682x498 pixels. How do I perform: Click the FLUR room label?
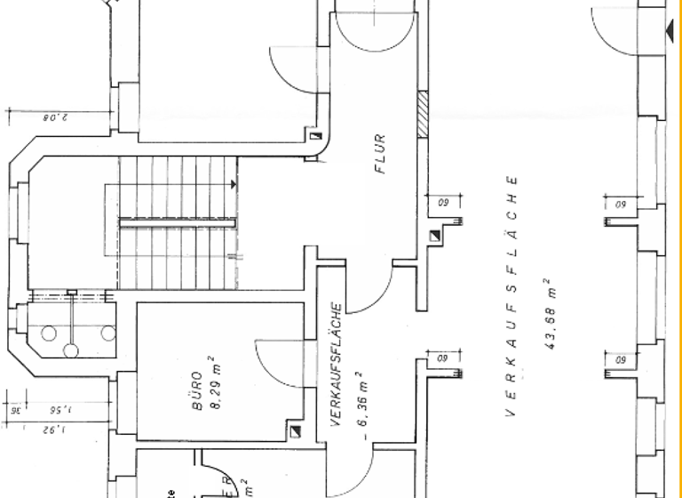click(x=380, y=152)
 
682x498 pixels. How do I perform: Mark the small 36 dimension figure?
click(x=15, y=411)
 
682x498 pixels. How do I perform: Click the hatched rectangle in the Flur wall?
click(x=424, y=115)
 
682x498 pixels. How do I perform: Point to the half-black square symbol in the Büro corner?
click(x=295, y=432)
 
